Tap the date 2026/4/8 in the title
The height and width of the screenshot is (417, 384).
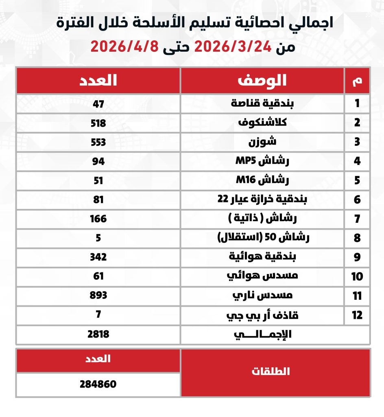tap(124, 46)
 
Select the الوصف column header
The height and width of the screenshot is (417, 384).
tap(262, 80)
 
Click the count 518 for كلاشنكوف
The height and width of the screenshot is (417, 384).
tap(98, 123)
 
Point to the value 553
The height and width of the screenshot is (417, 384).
tap(98, 142)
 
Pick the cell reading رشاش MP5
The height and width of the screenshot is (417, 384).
tap(262, 161)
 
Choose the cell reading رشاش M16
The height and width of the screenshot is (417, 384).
tap(262, 180)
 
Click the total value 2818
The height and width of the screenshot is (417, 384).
tap(98, 334)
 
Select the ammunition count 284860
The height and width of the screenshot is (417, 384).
tap(98, 384)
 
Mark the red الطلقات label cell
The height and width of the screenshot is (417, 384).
tap(275, 372)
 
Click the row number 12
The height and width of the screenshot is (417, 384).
tap(357, 315)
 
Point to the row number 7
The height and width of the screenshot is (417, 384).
tap(357, 219)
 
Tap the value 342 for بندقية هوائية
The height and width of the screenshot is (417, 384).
tap(98, 257)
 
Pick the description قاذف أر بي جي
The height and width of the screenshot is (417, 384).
tap(262, 315)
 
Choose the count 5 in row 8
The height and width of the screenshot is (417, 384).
tap(98, 238)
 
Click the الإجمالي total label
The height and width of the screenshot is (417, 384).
tap(262, 334)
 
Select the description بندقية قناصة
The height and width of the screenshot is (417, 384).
tap(262, 103)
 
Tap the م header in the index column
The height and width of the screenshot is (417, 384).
tap(357, 80)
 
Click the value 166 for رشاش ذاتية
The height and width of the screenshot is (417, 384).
tap(98, 219)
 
